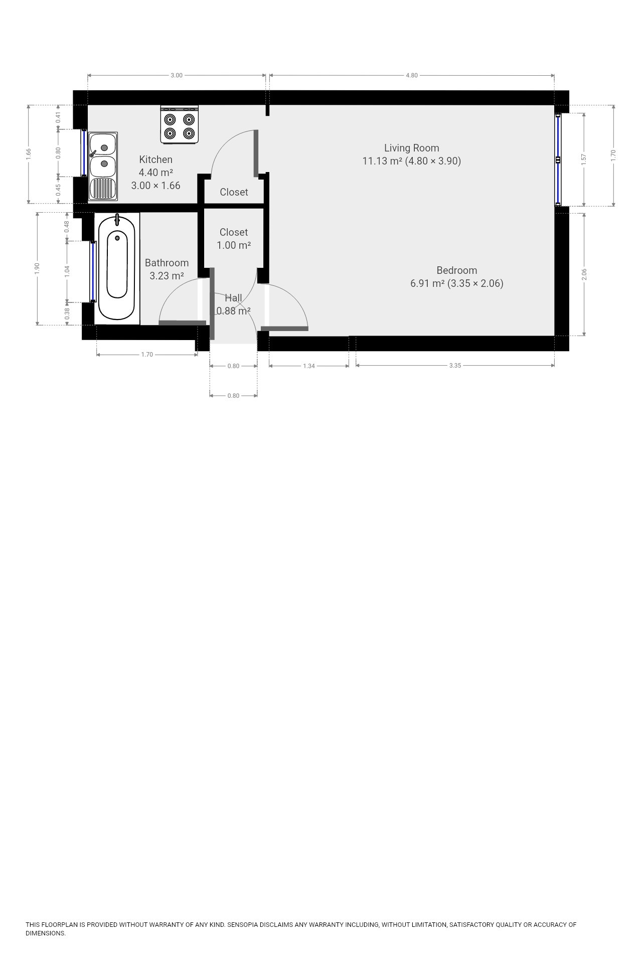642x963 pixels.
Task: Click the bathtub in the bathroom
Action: pos(117,268)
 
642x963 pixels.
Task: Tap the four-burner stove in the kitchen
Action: pos(180,125)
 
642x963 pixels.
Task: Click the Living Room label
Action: pos(411,148)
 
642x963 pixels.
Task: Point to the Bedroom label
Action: pos(456,270)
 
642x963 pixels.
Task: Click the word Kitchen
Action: pos(155,159)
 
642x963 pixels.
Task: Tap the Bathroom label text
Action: pos(167,263)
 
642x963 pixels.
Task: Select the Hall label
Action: pos(233,298)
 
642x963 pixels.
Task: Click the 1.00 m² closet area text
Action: pos(234,245)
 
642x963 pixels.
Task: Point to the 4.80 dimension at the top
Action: pos(411,75)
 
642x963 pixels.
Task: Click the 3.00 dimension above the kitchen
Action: pos(177,75)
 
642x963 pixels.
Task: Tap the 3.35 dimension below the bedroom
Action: pos(455,366)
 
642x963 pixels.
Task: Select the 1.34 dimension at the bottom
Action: pos(309,366)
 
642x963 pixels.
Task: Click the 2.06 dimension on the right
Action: pos(584,274)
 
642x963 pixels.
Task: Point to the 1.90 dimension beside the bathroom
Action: pos(37,268)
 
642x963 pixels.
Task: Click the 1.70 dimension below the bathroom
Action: pos(147,355)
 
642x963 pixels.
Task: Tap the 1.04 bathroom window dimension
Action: pos(67,271)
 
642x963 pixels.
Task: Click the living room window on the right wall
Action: pos(558,159)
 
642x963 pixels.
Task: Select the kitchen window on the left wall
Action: pos(84,152)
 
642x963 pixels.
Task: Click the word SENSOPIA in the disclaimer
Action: pos(243,924)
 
